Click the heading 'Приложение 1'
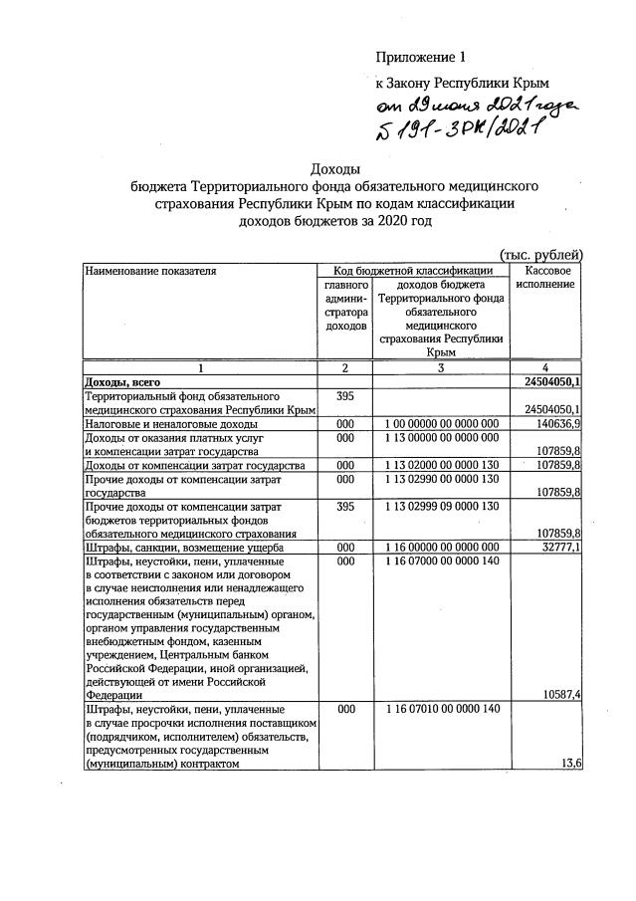[x=420, y=57]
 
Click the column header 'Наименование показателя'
[x=150, y=270]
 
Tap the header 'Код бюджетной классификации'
[x=412, y=270]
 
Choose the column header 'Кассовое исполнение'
[x=545, y=277]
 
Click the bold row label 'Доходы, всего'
[x=121, y=381]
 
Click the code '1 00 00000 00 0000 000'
[x=440, y=423]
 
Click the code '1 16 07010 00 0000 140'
[x=440, y=709]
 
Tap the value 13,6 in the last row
[x=572, y=764]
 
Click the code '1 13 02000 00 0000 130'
[x=440, y=465]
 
